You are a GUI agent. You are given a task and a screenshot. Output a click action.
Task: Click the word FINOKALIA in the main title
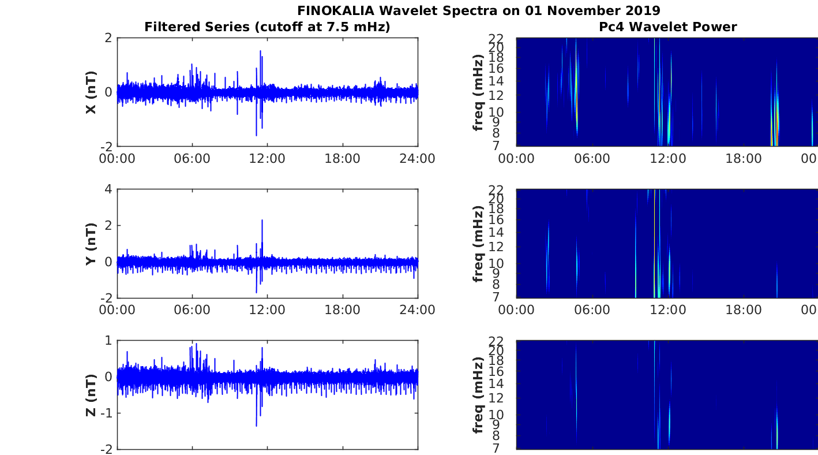(336, 10)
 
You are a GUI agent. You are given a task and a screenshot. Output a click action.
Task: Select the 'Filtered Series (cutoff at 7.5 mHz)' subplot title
(267, 27)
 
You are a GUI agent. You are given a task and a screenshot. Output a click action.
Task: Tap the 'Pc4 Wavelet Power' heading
(668, 27)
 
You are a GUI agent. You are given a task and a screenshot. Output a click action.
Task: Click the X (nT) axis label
(91, 92)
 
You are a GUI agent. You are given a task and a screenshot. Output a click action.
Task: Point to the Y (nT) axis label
(91, 244)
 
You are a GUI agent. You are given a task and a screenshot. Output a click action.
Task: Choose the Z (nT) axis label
(91, 395)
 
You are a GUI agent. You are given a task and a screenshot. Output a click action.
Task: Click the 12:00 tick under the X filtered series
(267, 159)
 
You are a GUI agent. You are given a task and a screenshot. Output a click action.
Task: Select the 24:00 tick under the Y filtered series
(417, 310)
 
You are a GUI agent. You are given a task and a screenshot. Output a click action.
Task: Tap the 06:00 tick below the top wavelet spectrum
(592, 159)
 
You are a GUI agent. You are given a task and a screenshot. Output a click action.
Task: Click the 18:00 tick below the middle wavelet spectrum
(744, 310)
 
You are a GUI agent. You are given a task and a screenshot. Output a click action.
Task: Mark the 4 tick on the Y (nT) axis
(108, 189)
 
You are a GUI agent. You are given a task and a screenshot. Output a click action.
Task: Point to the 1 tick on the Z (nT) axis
(108, 341)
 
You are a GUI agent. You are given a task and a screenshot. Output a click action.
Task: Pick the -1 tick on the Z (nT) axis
(106, 413)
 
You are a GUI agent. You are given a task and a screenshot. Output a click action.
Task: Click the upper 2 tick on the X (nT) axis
(108, 38)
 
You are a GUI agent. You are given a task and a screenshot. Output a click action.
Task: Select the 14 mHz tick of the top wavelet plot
(496, 81)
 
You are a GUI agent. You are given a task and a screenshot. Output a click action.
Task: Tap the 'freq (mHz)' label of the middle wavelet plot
(478, 244)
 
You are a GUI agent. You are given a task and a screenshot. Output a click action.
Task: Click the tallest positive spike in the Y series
(262, 221)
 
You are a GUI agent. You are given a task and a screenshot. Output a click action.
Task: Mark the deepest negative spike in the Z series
(256, 426)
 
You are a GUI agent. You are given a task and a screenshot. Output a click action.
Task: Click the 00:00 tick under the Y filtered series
(117, 310)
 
